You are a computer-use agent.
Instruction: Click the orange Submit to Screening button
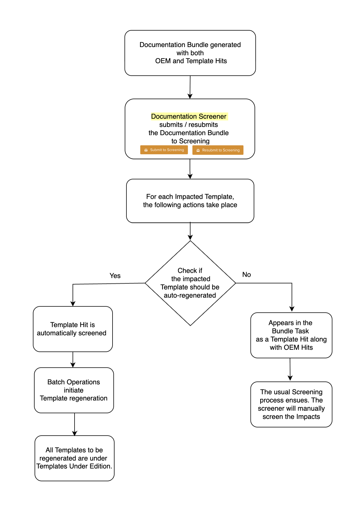point(164,150)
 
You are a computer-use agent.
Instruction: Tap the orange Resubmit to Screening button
point(218,150)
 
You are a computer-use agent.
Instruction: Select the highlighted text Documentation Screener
point(189,116)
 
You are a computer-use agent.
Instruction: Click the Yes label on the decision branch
point(115,276)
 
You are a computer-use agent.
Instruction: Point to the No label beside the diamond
point(246,274)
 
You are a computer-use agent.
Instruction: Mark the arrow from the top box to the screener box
point(190,87)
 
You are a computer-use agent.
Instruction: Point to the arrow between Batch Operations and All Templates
point(75,424)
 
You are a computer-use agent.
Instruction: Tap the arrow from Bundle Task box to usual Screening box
point(290,369)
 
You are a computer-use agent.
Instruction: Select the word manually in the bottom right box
point(311,408)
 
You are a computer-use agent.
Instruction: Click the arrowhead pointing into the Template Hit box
point(73,304)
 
